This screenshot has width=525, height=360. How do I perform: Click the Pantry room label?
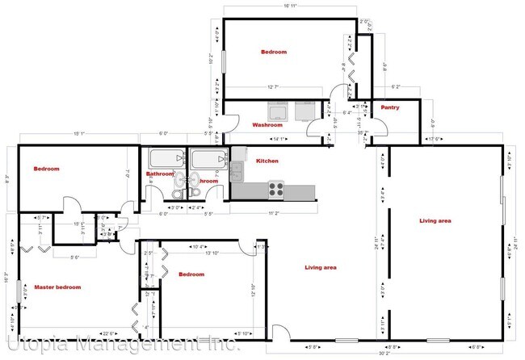(390, 107)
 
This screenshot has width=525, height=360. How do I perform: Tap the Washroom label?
(267, 125)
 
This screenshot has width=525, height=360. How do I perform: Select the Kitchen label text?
(267, 161)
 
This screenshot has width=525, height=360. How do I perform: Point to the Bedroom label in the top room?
(273, 52)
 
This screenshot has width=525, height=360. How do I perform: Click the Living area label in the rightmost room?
(435, 220)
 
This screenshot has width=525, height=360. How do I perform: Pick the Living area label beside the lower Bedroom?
(320, 267)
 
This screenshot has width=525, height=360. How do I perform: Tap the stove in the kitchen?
(275, 190)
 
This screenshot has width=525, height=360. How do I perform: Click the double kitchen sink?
(236, 170)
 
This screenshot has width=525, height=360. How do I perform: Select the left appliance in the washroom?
(276, 111)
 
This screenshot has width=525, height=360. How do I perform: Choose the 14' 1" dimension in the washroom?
(279, 139)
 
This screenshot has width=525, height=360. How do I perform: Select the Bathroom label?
(160, 174)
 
